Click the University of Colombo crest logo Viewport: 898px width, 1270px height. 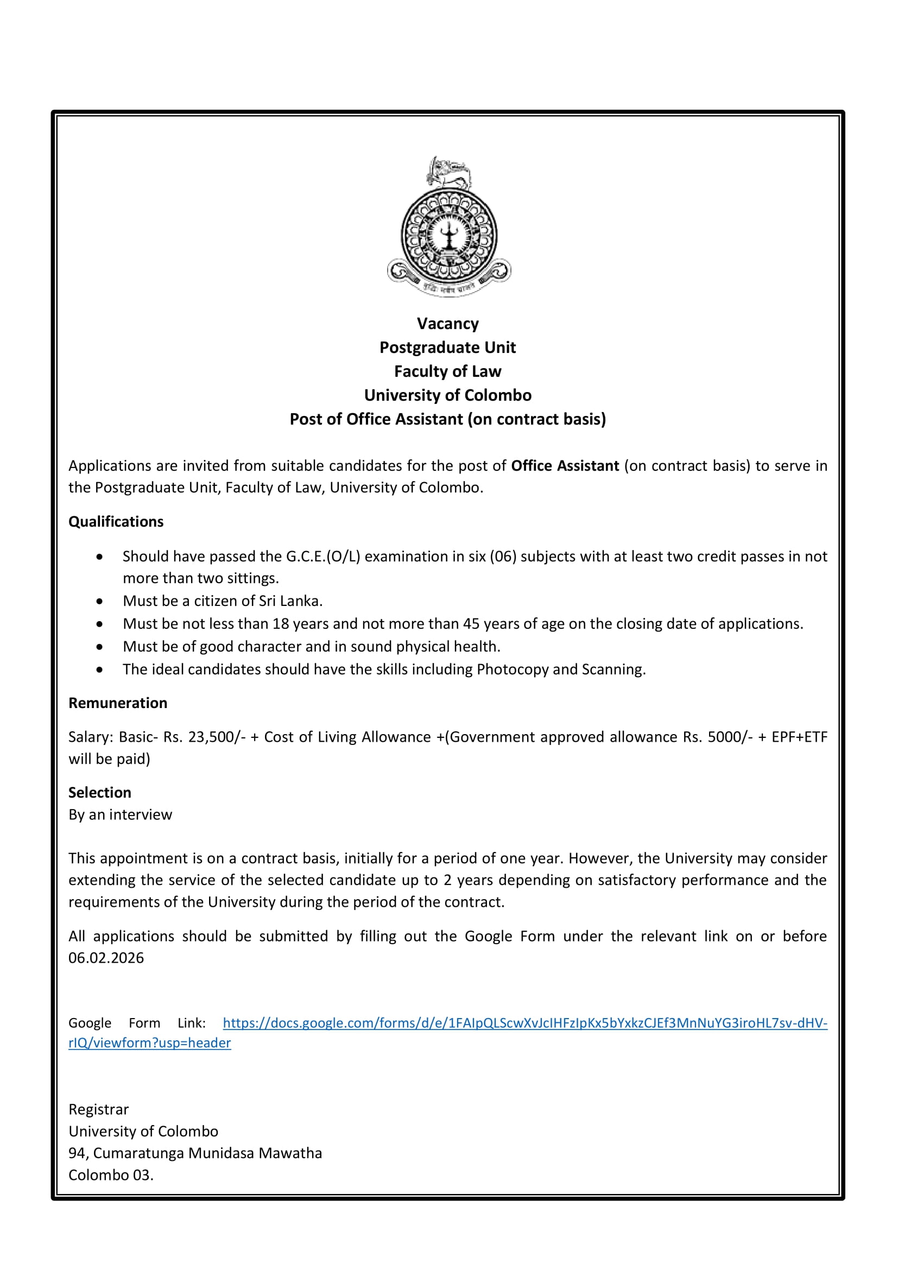448,227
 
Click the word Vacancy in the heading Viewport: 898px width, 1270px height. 448,324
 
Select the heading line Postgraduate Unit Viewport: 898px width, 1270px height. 447,347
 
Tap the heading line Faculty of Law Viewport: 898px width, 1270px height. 447,371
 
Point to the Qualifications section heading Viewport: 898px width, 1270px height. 116,522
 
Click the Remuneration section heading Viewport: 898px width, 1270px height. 118,703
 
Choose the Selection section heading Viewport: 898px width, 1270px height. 100,793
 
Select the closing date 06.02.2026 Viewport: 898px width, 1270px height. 106,958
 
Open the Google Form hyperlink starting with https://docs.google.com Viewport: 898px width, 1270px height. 525,1023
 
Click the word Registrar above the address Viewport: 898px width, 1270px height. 98,1110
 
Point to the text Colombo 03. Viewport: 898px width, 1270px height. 111,1175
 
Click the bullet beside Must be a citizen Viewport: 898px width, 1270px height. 99,601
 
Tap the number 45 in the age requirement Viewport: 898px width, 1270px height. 471,624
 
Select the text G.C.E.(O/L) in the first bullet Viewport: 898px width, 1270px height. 323,557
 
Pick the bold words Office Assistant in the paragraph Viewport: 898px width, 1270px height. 565,466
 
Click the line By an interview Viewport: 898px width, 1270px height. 121,815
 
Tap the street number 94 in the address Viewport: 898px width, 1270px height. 78,1153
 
